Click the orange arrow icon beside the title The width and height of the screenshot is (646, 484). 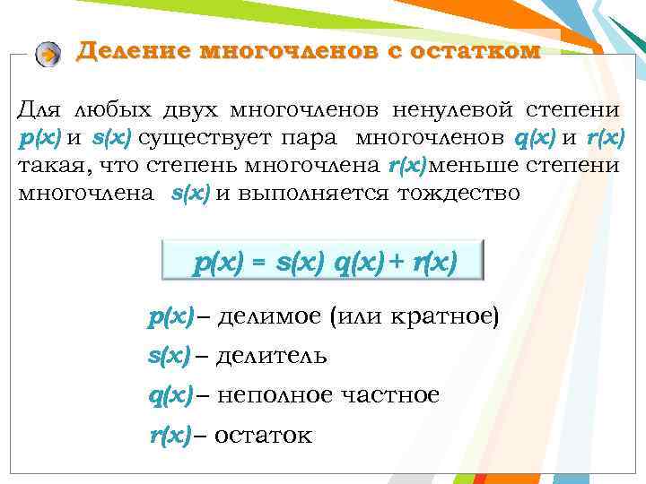(48, 54)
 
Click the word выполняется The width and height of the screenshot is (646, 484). (295, 193)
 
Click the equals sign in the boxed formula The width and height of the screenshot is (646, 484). (258, 264)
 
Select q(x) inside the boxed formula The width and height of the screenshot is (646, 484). (360, 264)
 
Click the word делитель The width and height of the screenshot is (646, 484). (273, 356)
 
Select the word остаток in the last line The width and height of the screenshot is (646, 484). (264, 436)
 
